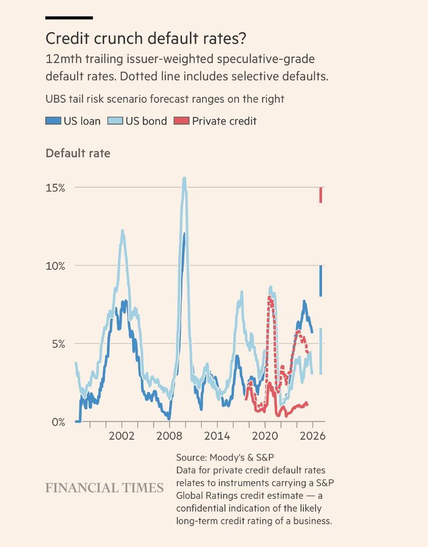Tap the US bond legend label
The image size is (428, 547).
[x=146, y=121]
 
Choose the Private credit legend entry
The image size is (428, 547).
[x=224, y=121]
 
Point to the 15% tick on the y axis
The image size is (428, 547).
[x=55, y=188]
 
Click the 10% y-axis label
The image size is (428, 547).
[x=55, y=266]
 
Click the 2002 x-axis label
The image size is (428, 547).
[x=122, y=435]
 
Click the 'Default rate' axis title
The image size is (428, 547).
[x=78, y=153]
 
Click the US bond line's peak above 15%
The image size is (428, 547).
[x=185, y=179]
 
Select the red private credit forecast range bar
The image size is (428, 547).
[x=320, y=195]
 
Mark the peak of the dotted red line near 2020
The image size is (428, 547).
[x=270, y=298]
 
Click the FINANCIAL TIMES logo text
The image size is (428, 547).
[x=104, y=488]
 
